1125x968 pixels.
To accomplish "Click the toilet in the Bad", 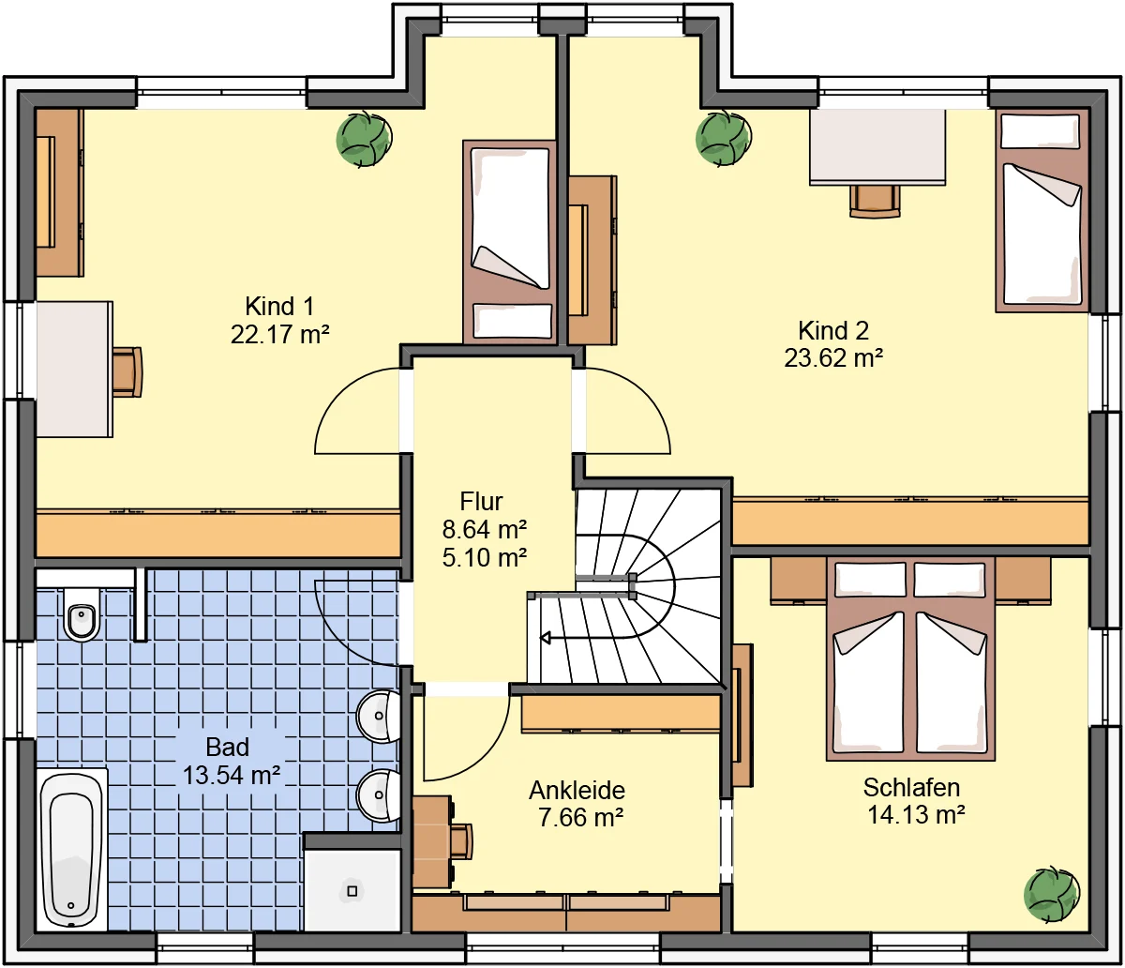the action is coord(82,613).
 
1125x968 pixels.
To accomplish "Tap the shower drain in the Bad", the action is coord(352,891).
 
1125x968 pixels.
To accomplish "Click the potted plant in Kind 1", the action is coord(364,139).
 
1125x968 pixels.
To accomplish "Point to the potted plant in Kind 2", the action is coord(724,138).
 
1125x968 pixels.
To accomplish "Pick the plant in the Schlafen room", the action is coord(1052,894).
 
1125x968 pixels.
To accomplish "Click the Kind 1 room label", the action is coord(279,307).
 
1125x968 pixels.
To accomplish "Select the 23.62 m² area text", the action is coord(833,358).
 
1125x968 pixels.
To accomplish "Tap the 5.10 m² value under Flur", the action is coord(485,557).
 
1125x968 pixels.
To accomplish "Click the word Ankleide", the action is coord(577,790).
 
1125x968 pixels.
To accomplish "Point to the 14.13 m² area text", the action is coord(916,814).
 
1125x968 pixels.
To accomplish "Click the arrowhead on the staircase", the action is coord(546,638).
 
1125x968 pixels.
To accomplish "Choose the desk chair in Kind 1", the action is coord(127,371).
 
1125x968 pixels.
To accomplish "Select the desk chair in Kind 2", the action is coord(875,202).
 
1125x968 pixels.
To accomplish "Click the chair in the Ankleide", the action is coord(461,841).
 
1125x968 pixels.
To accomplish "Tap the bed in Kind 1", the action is coord(509,242).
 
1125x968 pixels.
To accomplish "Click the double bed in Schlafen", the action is coord(910,658).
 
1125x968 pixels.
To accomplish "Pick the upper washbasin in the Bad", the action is coord(379,716).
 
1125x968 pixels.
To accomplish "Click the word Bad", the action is coord(228,747).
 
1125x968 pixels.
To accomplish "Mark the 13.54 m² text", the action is coord(232,775).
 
